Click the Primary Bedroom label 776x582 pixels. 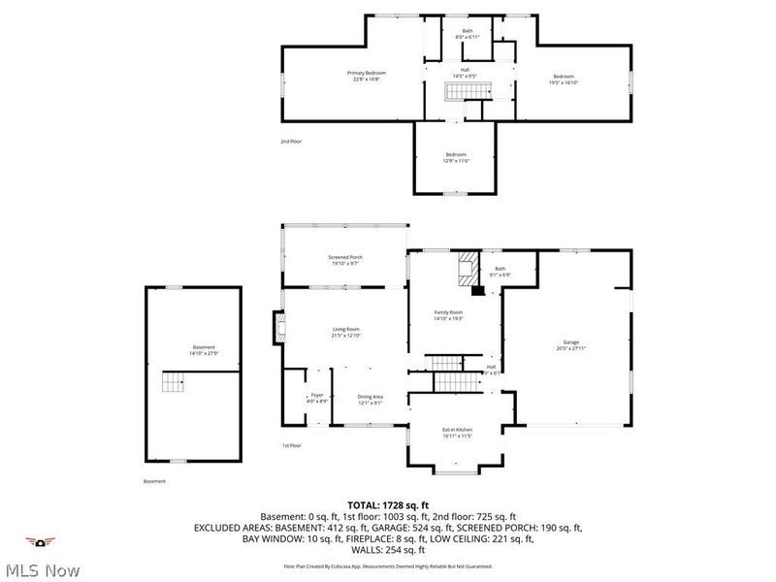click(367, 77)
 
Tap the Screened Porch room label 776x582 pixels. click(343, 260)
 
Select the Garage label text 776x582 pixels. click(571, 345)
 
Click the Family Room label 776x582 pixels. click(448, 314)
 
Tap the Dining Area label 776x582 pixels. click(371, 398)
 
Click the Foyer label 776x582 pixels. click(317, 398)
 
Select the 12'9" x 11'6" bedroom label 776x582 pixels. click(457, 158)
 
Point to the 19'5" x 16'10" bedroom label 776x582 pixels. click(564, 80)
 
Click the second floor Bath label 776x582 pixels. click(468, 34)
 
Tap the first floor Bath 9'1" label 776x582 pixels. click(501, 272)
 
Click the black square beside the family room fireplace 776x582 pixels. click(477, 288)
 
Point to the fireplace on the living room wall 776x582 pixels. click(279, 328)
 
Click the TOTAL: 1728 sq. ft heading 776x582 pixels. click(387, 504)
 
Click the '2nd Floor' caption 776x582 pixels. click(291, 142)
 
